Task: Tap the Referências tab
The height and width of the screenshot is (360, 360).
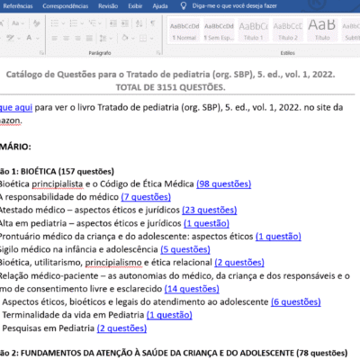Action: click(x=20, y=6)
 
